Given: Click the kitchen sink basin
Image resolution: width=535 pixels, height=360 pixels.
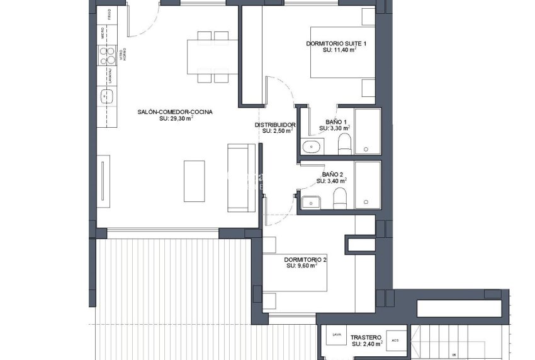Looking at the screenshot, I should (x=106, y=96).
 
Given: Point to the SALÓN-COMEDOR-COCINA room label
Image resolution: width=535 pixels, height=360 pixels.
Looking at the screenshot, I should (x=175, y=112).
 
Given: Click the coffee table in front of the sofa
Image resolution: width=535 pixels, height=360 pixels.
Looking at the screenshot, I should (x=194, y=181).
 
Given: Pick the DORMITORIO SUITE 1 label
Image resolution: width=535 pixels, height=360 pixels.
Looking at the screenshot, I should (x=335, y=43).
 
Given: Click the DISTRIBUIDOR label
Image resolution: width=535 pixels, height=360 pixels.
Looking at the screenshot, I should (x=275, y=125).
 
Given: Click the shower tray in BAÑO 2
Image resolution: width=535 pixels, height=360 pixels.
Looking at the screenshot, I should (x=368, y=184).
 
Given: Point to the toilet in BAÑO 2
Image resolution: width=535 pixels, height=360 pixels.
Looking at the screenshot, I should (x=340, y=198).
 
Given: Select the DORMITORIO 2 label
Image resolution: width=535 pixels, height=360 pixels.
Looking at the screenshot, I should (x=305, y=259).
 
